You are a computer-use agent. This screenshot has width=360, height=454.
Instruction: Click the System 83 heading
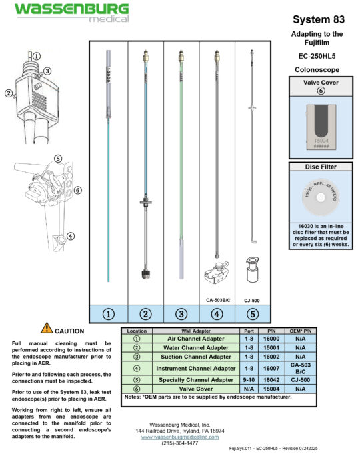tap(317, 19)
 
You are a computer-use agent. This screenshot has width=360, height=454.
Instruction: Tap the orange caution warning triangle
tap(46, 327)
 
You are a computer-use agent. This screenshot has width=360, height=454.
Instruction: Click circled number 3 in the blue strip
tap(181, 313)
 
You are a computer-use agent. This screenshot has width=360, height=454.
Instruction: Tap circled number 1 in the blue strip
tap(108, 313)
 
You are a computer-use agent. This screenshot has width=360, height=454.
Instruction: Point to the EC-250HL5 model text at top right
tap(317, 56)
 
